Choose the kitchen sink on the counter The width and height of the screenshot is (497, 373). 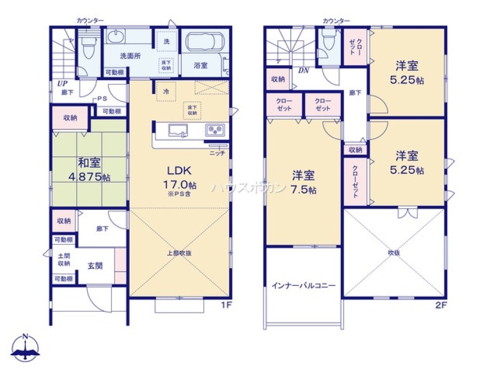pos(178,130)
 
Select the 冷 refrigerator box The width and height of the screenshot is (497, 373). pos(166,93)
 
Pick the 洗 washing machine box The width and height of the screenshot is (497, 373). pos(166,41)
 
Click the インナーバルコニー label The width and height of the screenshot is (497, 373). pos(303,285)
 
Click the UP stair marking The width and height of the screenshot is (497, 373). pos(62,83)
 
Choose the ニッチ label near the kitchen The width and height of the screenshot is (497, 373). pos(217,153)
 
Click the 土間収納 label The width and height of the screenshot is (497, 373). pos(64,259)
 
